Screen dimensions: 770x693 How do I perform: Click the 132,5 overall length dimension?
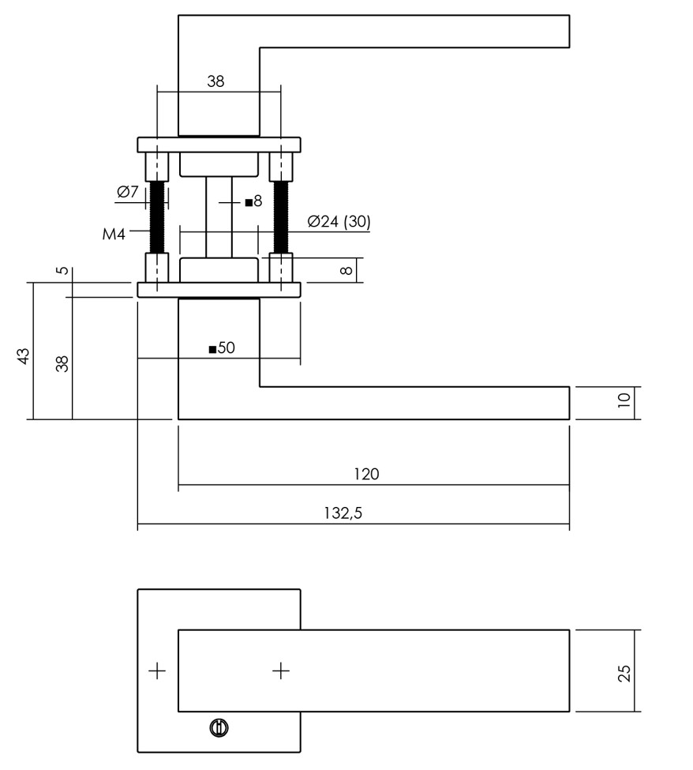click(343, 513)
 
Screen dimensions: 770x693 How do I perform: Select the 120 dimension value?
click(367, 474)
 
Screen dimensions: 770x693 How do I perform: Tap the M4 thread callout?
click(114, 234)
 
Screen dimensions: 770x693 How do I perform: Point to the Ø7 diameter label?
click(127, 192)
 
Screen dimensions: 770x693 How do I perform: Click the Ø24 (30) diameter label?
click(339, 222)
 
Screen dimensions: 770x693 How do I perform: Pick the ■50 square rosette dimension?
click(222, 347)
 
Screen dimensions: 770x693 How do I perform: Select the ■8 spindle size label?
click(253, 202)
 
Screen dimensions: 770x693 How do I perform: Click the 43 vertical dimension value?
click(24, 355)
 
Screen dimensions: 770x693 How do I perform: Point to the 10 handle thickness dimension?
click(624, 400)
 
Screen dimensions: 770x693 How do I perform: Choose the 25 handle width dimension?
click(624, 673)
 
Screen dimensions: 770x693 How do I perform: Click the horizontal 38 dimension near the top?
click(215, 81)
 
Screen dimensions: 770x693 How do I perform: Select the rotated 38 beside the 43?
click(63, 363)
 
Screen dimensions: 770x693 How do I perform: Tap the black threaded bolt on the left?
click(157, 216)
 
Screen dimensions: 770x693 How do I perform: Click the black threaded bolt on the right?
click(280, 216)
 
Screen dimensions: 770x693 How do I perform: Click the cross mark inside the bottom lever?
click(281, 671)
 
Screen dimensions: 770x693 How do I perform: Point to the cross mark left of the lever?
click(158, 671)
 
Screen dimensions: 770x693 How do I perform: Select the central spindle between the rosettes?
click(219, 216)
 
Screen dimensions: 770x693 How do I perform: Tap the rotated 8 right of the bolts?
click(345, 270)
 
